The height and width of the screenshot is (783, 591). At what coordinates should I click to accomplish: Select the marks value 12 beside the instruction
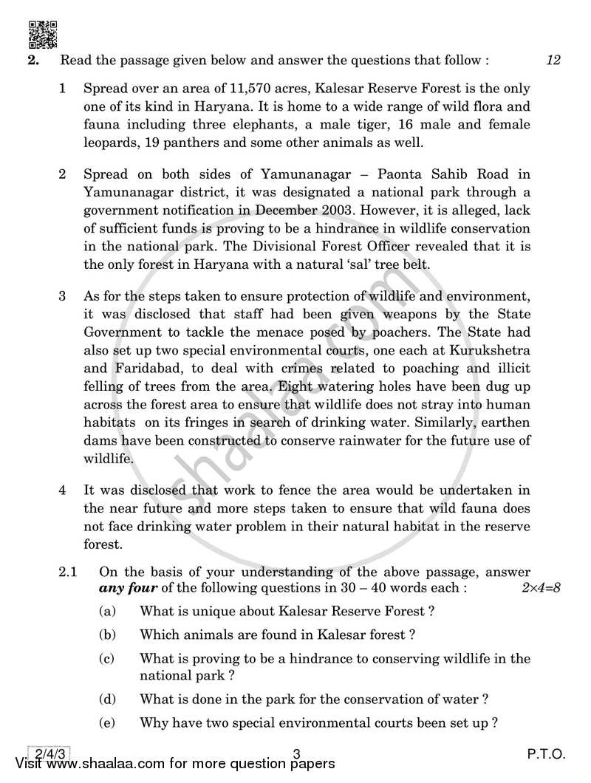tap(554, 61)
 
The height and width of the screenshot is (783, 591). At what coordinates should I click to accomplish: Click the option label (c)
tap(106, 658)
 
